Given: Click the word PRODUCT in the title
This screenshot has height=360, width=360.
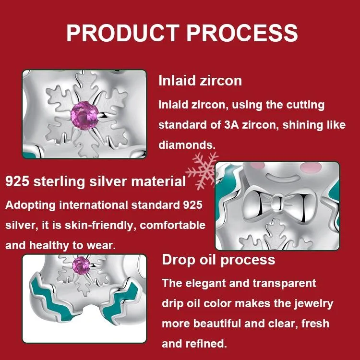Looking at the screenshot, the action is click(x=123, y=33).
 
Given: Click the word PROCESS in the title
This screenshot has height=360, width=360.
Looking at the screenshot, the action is click(x=242, y=33).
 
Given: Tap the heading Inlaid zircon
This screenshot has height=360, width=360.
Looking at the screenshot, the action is click(x=200, y=81).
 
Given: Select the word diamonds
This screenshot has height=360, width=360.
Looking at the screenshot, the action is click(x=187, y=145).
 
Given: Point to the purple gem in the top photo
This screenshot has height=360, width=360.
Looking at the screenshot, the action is click(x=84, y=116).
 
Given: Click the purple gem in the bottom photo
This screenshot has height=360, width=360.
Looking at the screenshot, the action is click(x=81, y=265).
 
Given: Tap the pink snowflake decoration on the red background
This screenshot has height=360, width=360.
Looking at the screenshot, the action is click(x=202, y=171).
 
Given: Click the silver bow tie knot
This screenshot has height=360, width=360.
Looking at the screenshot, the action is click(x=277, y=203).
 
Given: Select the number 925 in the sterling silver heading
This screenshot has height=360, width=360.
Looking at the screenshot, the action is click(x=17, y=181).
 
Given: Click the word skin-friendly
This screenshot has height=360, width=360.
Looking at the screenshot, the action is click(x=99, y=225).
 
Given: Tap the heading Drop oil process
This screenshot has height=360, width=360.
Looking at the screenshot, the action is click(x=218, y=260).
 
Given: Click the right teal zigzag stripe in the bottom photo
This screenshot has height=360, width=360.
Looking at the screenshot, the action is click(x=120, y=301).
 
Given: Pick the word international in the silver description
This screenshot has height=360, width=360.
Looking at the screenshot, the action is click(x=93, y=205).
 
